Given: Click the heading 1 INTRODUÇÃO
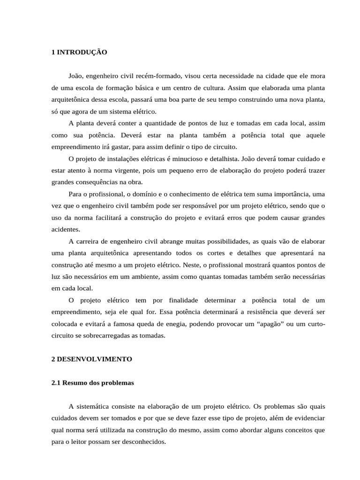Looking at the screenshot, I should point(79,52).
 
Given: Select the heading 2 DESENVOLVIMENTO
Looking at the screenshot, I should point(92,359).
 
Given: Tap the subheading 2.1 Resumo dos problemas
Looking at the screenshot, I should point(92,382).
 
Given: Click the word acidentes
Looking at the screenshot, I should point(66,229).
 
